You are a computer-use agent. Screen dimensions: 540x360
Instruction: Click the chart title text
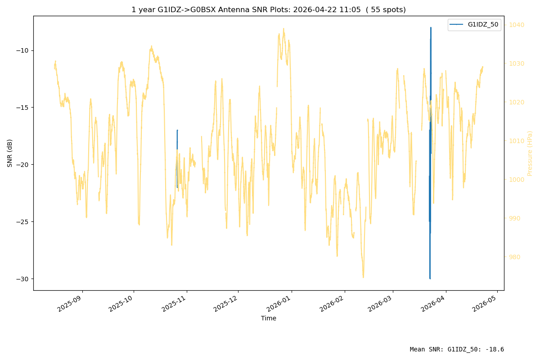(269, 9)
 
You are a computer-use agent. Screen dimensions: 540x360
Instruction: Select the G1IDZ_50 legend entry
(474, 25)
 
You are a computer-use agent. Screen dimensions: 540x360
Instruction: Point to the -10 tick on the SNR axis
(22, 51)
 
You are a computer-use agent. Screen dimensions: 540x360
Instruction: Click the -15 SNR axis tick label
(22, 108)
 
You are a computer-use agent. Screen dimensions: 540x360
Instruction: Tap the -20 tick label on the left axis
(22, 165)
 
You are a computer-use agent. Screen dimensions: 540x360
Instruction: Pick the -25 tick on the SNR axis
(22, 222)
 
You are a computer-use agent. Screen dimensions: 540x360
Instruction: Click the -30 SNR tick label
(22, 279)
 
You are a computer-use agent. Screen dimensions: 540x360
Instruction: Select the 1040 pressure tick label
(517, 25)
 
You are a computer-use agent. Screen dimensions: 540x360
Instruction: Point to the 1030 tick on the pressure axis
(517, 63)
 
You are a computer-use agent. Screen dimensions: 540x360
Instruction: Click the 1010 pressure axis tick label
(517, 141)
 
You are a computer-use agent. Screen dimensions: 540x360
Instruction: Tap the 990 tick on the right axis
(514, 218)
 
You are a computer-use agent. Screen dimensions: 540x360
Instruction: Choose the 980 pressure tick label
(514, 257)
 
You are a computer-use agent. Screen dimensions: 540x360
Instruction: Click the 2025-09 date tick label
(70, 304)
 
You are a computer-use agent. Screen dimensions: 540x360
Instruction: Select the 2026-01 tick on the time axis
(279, 304)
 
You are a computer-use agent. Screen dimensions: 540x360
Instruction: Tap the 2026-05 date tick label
(485, 304)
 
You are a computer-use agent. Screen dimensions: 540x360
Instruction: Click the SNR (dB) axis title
(9, 153)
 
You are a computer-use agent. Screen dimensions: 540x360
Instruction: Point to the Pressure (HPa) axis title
(530, 153)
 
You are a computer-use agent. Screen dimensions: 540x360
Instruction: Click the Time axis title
(269, 318)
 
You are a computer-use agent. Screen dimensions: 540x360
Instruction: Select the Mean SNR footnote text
(457, 349)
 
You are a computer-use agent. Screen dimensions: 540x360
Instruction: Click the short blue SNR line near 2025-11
(177, 159)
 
